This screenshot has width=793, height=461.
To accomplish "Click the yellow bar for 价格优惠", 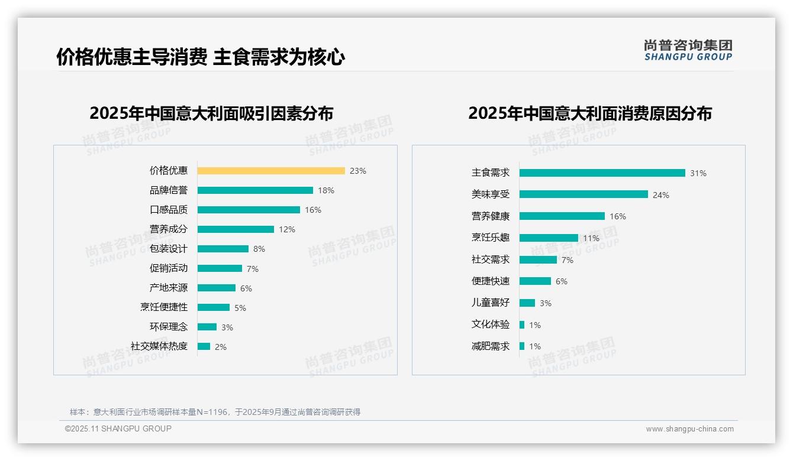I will tap(271, 171).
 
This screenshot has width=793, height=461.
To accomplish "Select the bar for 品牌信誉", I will tap(255, 190).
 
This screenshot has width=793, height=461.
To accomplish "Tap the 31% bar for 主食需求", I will tap(602, 173).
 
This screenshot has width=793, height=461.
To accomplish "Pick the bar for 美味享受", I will tap(584, 194).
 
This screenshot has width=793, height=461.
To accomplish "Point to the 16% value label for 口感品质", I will tap(313, 210).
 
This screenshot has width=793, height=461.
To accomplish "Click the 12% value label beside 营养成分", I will tap(287, 229).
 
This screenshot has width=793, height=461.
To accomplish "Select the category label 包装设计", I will tap(169, 249).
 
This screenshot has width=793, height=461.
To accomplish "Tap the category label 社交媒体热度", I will tap(159, 346).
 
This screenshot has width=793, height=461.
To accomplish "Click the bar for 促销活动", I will tap(220, 268).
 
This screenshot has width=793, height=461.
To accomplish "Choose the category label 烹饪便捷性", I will tap(164, 307).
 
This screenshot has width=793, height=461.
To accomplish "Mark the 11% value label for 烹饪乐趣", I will tap(591, 238).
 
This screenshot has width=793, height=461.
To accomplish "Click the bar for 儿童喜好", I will tap(527, 303).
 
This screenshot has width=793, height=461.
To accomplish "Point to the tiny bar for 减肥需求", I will tap(522, 346).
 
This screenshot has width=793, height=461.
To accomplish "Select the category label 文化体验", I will tap(491, 324).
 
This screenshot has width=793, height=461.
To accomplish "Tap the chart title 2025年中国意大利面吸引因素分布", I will tap(211, 113).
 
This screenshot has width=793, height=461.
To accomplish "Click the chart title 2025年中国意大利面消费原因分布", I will tap(589, 113).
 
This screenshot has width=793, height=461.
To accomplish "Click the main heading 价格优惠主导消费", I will tap(132, 57).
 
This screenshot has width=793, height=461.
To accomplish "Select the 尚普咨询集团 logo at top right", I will tap(688, 50).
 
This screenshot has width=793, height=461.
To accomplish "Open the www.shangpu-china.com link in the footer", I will tap(689, 429).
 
